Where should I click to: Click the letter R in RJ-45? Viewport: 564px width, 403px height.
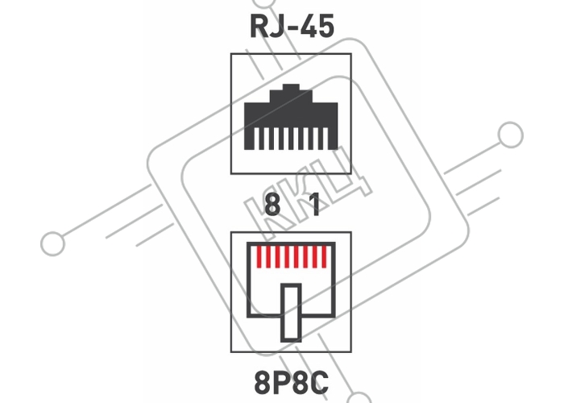click(x=259, y=27)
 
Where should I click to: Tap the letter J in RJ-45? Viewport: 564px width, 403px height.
click(x=276, y=27)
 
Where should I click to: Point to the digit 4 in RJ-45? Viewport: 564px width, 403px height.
click(x=308, y=27)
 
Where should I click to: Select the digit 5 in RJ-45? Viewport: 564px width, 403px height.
click(x=326, y=27)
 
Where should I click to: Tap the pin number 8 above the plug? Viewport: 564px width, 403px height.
click(x=272, y=205)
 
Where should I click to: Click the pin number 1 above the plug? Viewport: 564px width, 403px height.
click(x=315, y=205)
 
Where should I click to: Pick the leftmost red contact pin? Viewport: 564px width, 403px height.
click(x=259, y=257)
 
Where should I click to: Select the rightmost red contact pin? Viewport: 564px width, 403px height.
click(x=324, y=257)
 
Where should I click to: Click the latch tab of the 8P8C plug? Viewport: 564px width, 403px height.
click(x=291, y=313)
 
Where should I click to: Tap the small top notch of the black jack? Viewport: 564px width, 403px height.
click(x=291, y=87)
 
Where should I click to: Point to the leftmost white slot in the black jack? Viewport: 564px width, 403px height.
click(x=256, y=139)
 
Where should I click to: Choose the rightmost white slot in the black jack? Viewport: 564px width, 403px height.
click(x=326, y=139)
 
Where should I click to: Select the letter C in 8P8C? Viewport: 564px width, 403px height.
click(x=319, y=383)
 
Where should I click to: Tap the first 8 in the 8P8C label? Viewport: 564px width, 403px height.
click(x=263, y=383)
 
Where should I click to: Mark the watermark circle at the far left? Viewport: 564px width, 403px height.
click(x=53, y=243)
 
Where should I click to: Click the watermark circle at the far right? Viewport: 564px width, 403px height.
click(x=510, y=135)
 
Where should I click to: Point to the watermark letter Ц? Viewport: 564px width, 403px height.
click(x=342, y=172)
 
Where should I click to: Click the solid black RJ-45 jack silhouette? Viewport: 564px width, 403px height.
click(x=291, y=117)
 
